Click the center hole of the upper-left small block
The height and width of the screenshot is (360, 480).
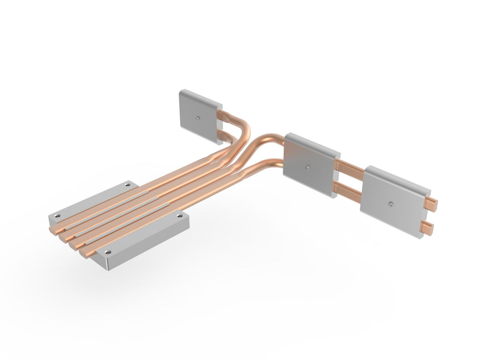pyautogui.click(x=199, y=118)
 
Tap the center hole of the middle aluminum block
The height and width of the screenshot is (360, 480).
pyautogui.click(x=307, y=166)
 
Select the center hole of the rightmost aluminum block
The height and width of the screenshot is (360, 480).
pyautogui.click(x=391, y=203)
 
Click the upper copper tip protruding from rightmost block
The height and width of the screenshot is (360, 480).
pyautogui.click(x=432, y=202)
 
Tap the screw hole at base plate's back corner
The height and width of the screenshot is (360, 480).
pyautogui.click(x=127, y=186)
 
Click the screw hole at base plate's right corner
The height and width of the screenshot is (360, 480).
pyautogui.click(x=180, y=216)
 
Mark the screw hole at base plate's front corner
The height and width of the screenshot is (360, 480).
pyautogui.click(x=108, y=253)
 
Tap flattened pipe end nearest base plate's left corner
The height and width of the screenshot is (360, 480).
pyautogui.click(x=55, y=229)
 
